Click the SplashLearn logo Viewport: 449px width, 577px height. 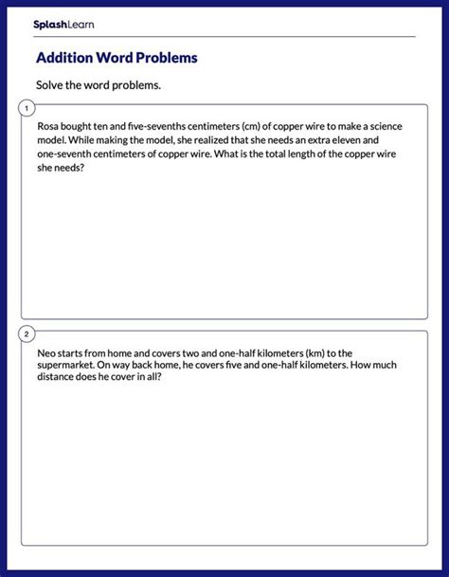(x=63, y=24)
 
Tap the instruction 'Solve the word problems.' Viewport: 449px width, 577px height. (x=99, y=85)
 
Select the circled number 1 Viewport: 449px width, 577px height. (x=27, y=109)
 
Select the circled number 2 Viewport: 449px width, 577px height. (x=27, y=334)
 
